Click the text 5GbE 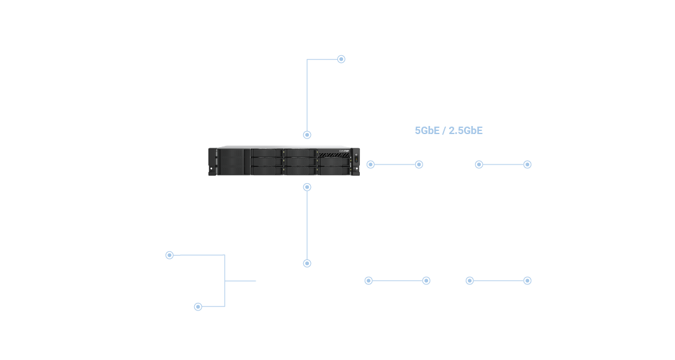pos(427,130)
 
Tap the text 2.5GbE pos(465,130)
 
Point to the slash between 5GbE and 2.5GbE pos(444,130)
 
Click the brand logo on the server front pos(344,150)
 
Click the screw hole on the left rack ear pos(212,168)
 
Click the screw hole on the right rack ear pos(357,169)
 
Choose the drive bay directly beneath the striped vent pos(334,161)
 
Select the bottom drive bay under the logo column pos(334,169)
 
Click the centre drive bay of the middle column pos(300,161)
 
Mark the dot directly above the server pos(307,135)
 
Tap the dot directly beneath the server pos(307,187)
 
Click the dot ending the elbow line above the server pos(341,59)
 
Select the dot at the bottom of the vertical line pos(307,263)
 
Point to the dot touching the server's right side pos(370,164)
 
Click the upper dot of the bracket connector pos(169,255)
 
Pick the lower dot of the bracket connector pos(198,307)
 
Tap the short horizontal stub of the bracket pos(240,281)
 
